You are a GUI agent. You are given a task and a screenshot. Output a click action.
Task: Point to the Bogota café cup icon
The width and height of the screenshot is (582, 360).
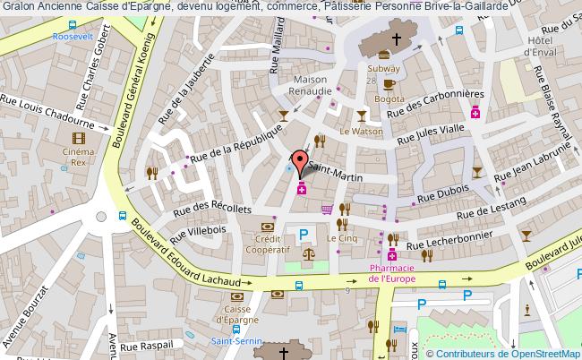tap(388, 84)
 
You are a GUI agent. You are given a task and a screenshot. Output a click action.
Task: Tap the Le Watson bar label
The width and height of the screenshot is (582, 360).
tap(360, 131)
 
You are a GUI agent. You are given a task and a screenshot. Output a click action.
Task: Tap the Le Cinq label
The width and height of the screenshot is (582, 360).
tap(340, 239)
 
